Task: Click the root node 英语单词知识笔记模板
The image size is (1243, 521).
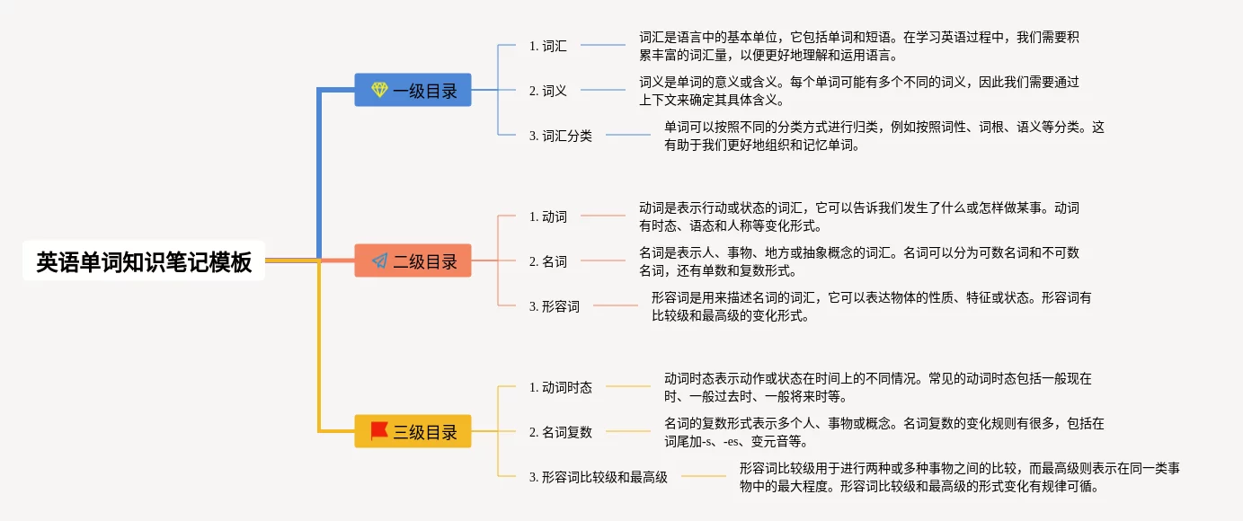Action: tap(144, 260)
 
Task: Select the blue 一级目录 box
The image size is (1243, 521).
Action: tap(413, 90)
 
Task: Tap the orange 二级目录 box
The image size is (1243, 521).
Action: tap(413, 260)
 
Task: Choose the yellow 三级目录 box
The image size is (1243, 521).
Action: tap(413, 431)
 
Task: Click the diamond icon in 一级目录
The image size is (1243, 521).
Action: tap(379, 89)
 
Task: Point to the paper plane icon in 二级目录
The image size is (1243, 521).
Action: tap(379, 260)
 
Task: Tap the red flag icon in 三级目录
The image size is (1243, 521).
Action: tap(379, 430)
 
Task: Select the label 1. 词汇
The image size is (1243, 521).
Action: tap(547, 46)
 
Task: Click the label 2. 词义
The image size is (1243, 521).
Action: tap(547, 91)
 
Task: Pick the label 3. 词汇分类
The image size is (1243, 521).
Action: tap(561, 136)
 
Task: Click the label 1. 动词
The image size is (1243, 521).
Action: tap(547, 216)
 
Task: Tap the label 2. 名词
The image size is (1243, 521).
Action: tap(547, 261)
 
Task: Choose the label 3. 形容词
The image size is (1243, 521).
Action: tap(554, 306)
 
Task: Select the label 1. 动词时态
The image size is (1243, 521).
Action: tap(561, 387)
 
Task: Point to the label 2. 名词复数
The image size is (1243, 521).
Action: tap(561, 432)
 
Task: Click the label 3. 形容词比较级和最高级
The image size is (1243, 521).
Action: tap(599, 477)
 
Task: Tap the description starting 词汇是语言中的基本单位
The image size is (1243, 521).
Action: tap(859, 46)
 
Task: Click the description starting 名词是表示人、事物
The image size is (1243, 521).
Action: tap(859, 261)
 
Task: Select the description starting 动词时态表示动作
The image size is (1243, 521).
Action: tap(878, 387)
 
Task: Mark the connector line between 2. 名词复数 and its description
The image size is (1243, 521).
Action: tap(628, 431)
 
